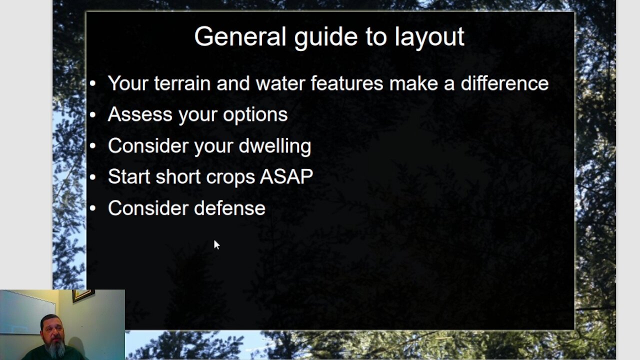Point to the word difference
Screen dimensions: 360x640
click(504, 83)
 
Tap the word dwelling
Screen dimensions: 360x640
click(274, 146)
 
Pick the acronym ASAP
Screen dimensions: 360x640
click(286, 176)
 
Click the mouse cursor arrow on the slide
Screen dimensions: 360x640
click(216, 244)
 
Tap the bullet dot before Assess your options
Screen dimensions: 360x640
click(92, 115)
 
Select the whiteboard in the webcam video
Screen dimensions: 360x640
click(25, 312)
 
